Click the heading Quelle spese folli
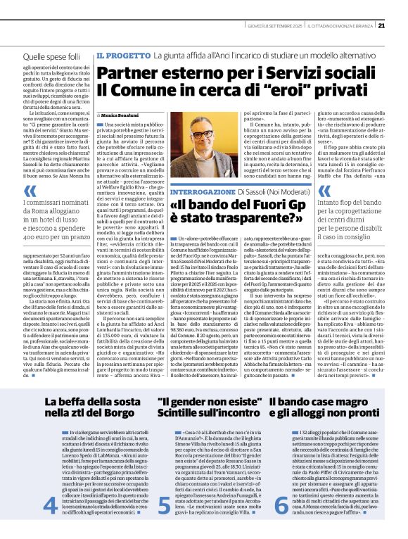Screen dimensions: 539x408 [53, 55]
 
